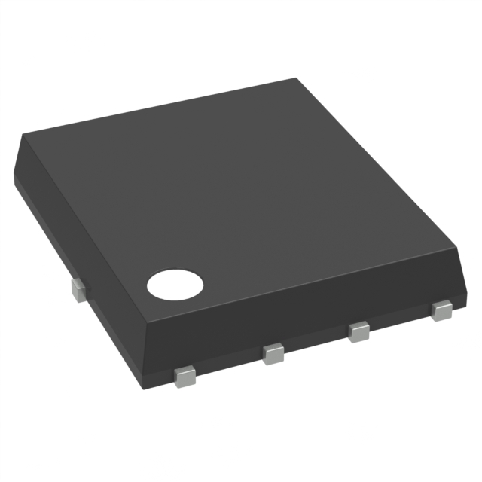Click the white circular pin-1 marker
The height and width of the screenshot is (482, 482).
click(175, 284)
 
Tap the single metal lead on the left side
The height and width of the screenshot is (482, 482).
click(77, 289)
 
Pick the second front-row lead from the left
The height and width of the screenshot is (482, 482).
click(273, 353)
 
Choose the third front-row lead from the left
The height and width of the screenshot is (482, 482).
click(359, 331)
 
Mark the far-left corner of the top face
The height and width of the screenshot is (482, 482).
click(23, 135)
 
